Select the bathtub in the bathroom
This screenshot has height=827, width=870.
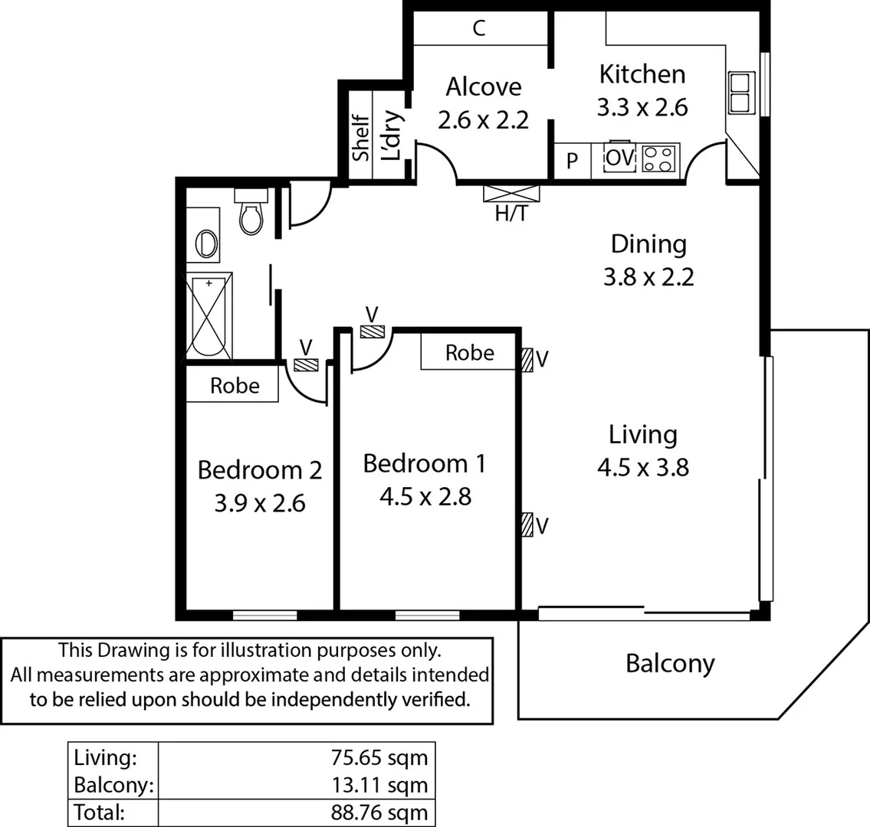(x=208, y=317)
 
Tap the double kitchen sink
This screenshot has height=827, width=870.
(x=741, y=92)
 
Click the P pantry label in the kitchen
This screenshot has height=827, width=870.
(x=572, y=162)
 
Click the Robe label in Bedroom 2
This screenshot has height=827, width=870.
(x=235, y=386)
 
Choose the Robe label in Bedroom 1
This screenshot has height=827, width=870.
(x=469, y=353)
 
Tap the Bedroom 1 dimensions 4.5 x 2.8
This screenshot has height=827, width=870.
(x=425, y=497)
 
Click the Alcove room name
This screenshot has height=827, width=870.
(x=483, y=87)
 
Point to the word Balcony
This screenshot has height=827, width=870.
(x=670, y=663)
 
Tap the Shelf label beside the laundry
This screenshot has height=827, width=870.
(x=360, y=137)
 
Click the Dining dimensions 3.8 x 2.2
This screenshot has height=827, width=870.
(x=648, y=276)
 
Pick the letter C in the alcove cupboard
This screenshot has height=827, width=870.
(x=479, y=29)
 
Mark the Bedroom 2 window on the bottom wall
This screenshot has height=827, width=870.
(x=264, y=615)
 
